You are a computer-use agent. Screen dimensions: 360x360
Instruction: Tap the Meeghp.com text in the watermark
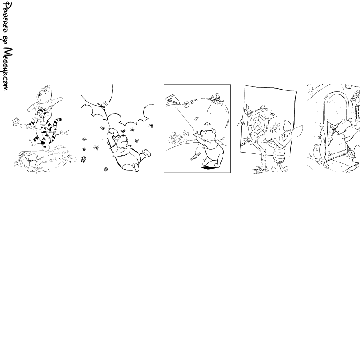[x=7, y=69]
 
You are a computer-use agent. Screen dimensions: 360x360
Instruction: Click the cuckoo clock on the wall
[x=355, y=99]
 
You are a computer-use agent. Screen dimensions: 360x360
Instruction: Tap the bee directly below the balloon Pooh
[x=106, y=169]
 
